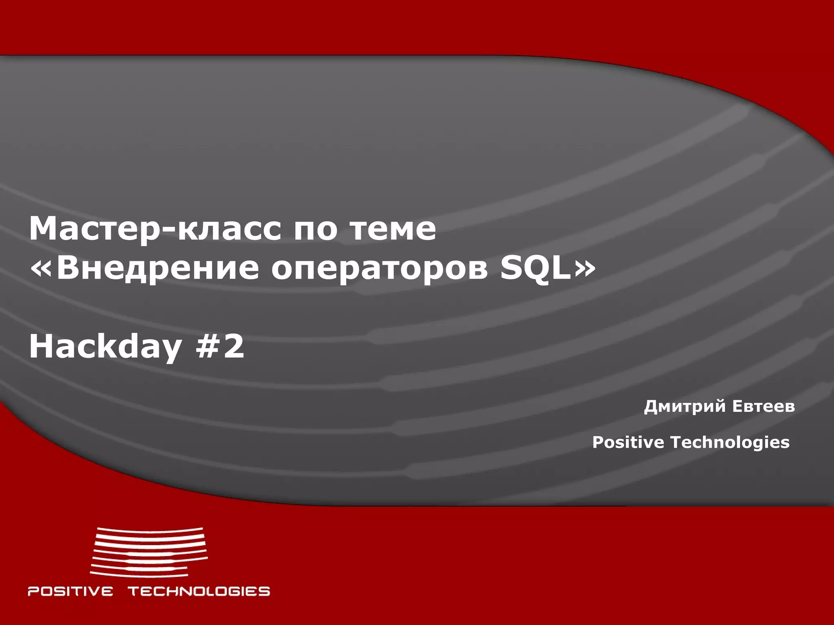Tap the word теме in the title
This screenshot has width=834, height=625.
(x=393, y=229)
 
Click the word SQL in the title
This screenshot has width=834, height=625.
(x=536, y=269)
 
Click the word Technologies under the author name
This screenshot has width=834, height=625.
(x=730, y=442)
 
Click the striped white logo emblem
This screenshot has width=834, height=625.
(x=149, y=552)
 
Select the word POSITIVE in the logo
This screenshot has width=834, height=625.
(x=70, y=591)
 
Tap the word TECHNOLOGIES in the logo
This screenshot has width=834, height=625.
(x=199, y=591)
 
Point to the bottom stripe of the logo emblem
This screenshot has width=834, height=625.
(x=138, y=574)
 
